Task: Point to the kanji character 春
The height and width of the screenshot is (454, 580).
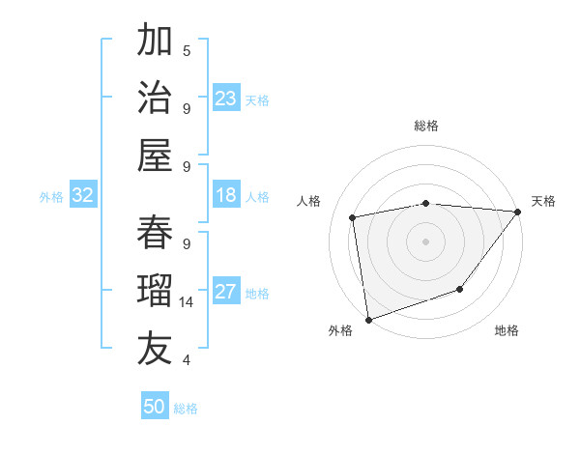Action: pyautogui.click(x=155, y=232)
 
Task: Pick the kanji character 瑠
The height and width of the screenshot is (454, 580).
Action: pyautogui.click(x=155, y=290)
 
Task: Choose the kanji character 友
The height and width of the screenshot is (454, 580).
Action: pyautogui.click(x=155, y=348)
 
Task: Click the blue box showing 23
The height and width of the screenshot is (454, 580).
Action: pyautogui.click(x=226, y=99)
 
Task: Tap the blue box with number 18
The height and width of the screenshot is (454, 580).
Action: pyautogui.click(x=226, y=196)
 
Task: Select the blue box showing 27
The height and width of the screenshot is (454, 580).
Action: pyautogui.click(x=226, y=293)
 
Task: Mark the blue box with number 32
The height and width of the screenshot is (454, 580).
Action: pyautogui.click(x=83, y=196)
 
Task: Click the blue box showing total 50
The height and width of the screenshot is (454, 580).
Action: pyautogui.click(x=155, y=407)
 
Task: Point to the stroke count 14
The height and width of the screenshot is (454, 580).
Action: pyautogui.click(x=187, y=302)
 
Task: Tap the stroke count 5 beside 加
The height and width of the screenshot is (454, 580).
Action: pyautogui.click(x=187, y=50)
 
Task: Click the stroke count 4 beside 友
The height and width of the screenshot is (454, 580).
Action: pyautogui.click(x=187, y=360)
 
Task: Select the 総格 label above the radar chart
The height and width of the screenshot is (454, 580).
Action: pyautogui.click(x=426, y=126)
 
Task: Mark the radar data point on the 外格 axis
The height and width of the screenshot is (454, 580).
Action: pyautogui.click(x=368, y=319)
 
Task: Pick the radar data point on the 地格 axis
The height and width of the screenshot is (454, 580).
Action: pyautogui.click(x=461, y=289)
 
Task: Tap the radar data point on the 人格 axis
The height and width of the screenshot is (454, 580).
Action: pyautogui.click(x=353, y=217)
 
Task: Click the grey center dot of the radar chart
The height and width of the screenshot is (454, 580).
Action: pyautogui.click(x=426, y=241)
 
